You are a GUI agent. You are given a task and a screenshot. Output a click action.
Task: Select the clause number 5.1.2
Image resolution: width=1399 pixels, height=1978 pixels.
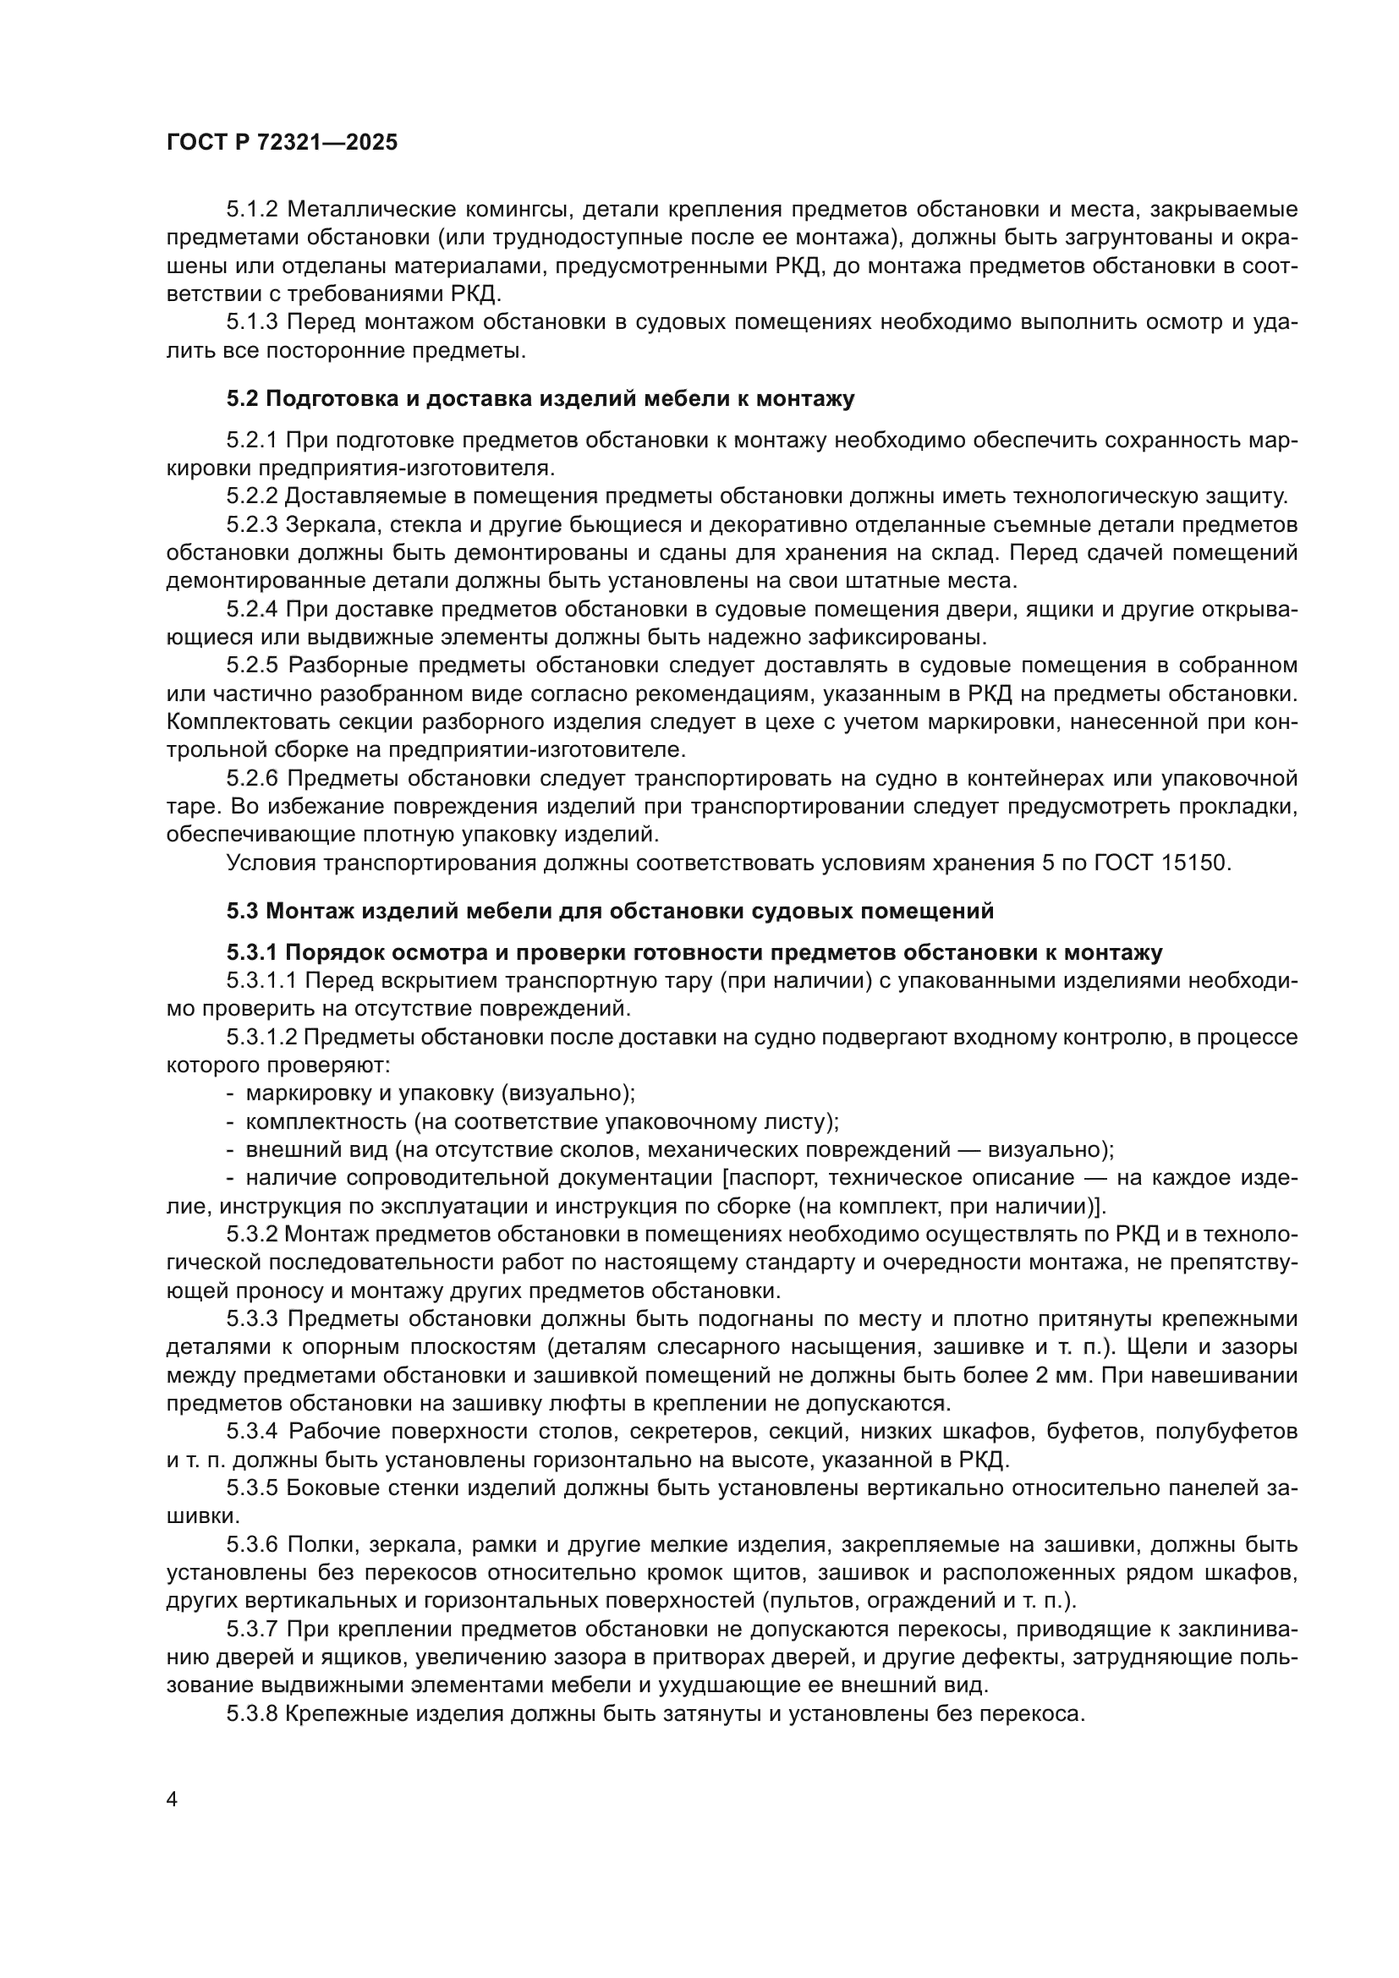[252, 210]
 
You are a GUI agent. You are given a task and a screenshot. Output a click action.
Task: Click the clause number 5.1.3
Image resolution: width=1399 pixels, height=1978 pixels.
[252, 322]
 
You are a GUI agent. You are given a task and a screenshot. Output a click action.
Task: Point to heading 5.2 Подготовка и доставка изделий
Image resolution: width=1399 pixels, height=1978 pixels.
[540, 399]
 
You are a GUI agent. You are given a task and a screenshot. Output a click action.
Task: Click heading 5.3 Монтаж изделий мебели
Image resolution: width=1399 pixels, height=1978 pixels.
[610, 911]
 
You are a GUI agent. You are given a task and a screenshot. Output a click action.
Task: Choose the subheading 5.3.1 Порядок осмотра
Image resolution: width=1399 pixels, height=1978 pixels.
[694, 953]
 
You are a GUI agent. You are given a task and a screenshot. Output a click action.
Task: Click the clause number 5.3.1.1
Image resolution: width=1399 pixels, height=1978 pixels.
[262, 980]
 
